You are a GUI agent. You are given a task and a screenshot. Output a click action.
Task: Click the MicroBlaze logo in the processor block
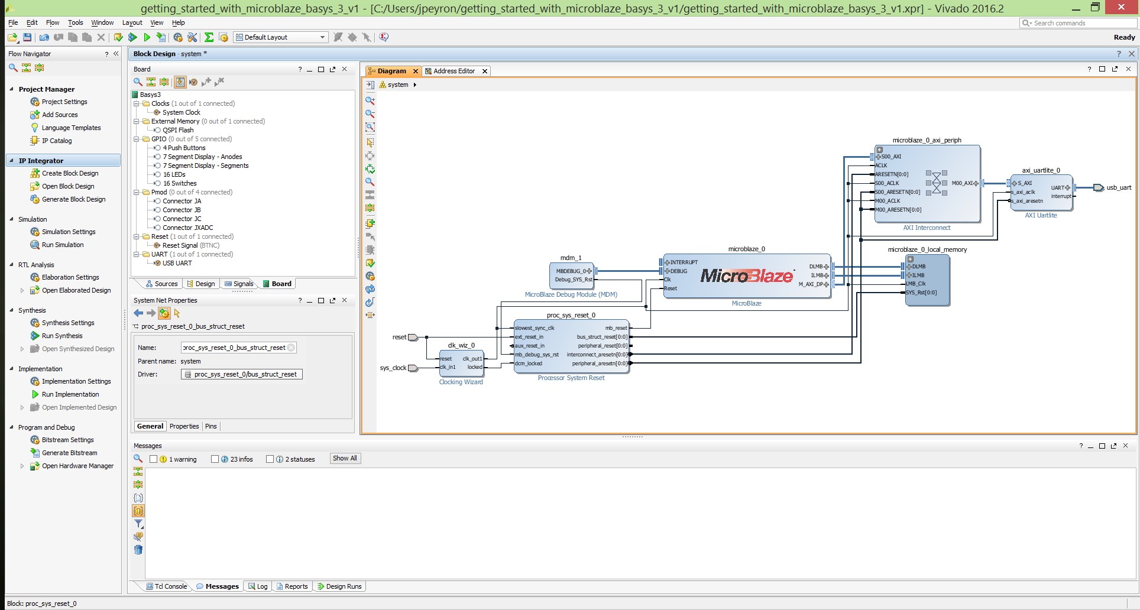[747, 275]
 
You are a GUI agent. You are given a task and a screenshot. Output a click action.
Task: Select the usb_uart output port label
[1119, 187]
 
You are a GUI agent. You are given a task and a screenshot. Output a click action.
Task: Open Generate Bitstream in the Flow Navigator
[69, 453]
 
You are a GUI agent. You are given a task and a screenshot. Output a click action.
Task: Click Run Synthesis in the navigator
[62, 336]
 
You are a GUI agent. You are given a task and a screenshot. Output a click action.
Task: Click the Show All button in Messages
[345, 458]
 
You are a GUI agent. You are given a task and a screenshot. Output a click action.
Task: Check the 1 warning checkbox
[153, 459]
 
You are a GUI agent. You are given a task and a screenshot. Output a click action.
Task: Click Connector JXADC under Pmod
[188, 228]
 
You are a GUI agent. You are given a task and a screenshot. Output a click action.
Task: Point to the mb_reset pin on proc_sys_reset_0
[616, 328]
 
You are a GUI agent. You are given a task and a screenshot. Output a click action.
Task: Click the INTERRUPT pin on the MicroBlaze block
[684, 262]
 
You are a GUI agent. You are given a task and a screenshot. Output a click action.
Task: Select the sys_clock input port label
[393, 368]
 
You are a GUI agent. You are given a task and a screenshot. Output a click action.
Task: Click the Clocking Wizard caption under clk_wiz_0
[461, 382]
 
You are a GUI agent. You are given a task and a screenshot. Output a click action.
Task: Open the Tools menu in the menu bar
[75, 22]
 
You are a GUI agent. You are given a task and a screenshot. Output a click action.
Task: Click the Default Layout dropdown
[281, 37]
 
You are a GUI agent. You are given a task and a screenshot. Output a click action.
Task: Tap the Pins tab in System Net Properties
[211, 426]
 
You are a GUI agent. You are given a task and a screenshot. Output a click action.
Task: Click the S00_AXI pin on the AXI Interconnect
[891, 157]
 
